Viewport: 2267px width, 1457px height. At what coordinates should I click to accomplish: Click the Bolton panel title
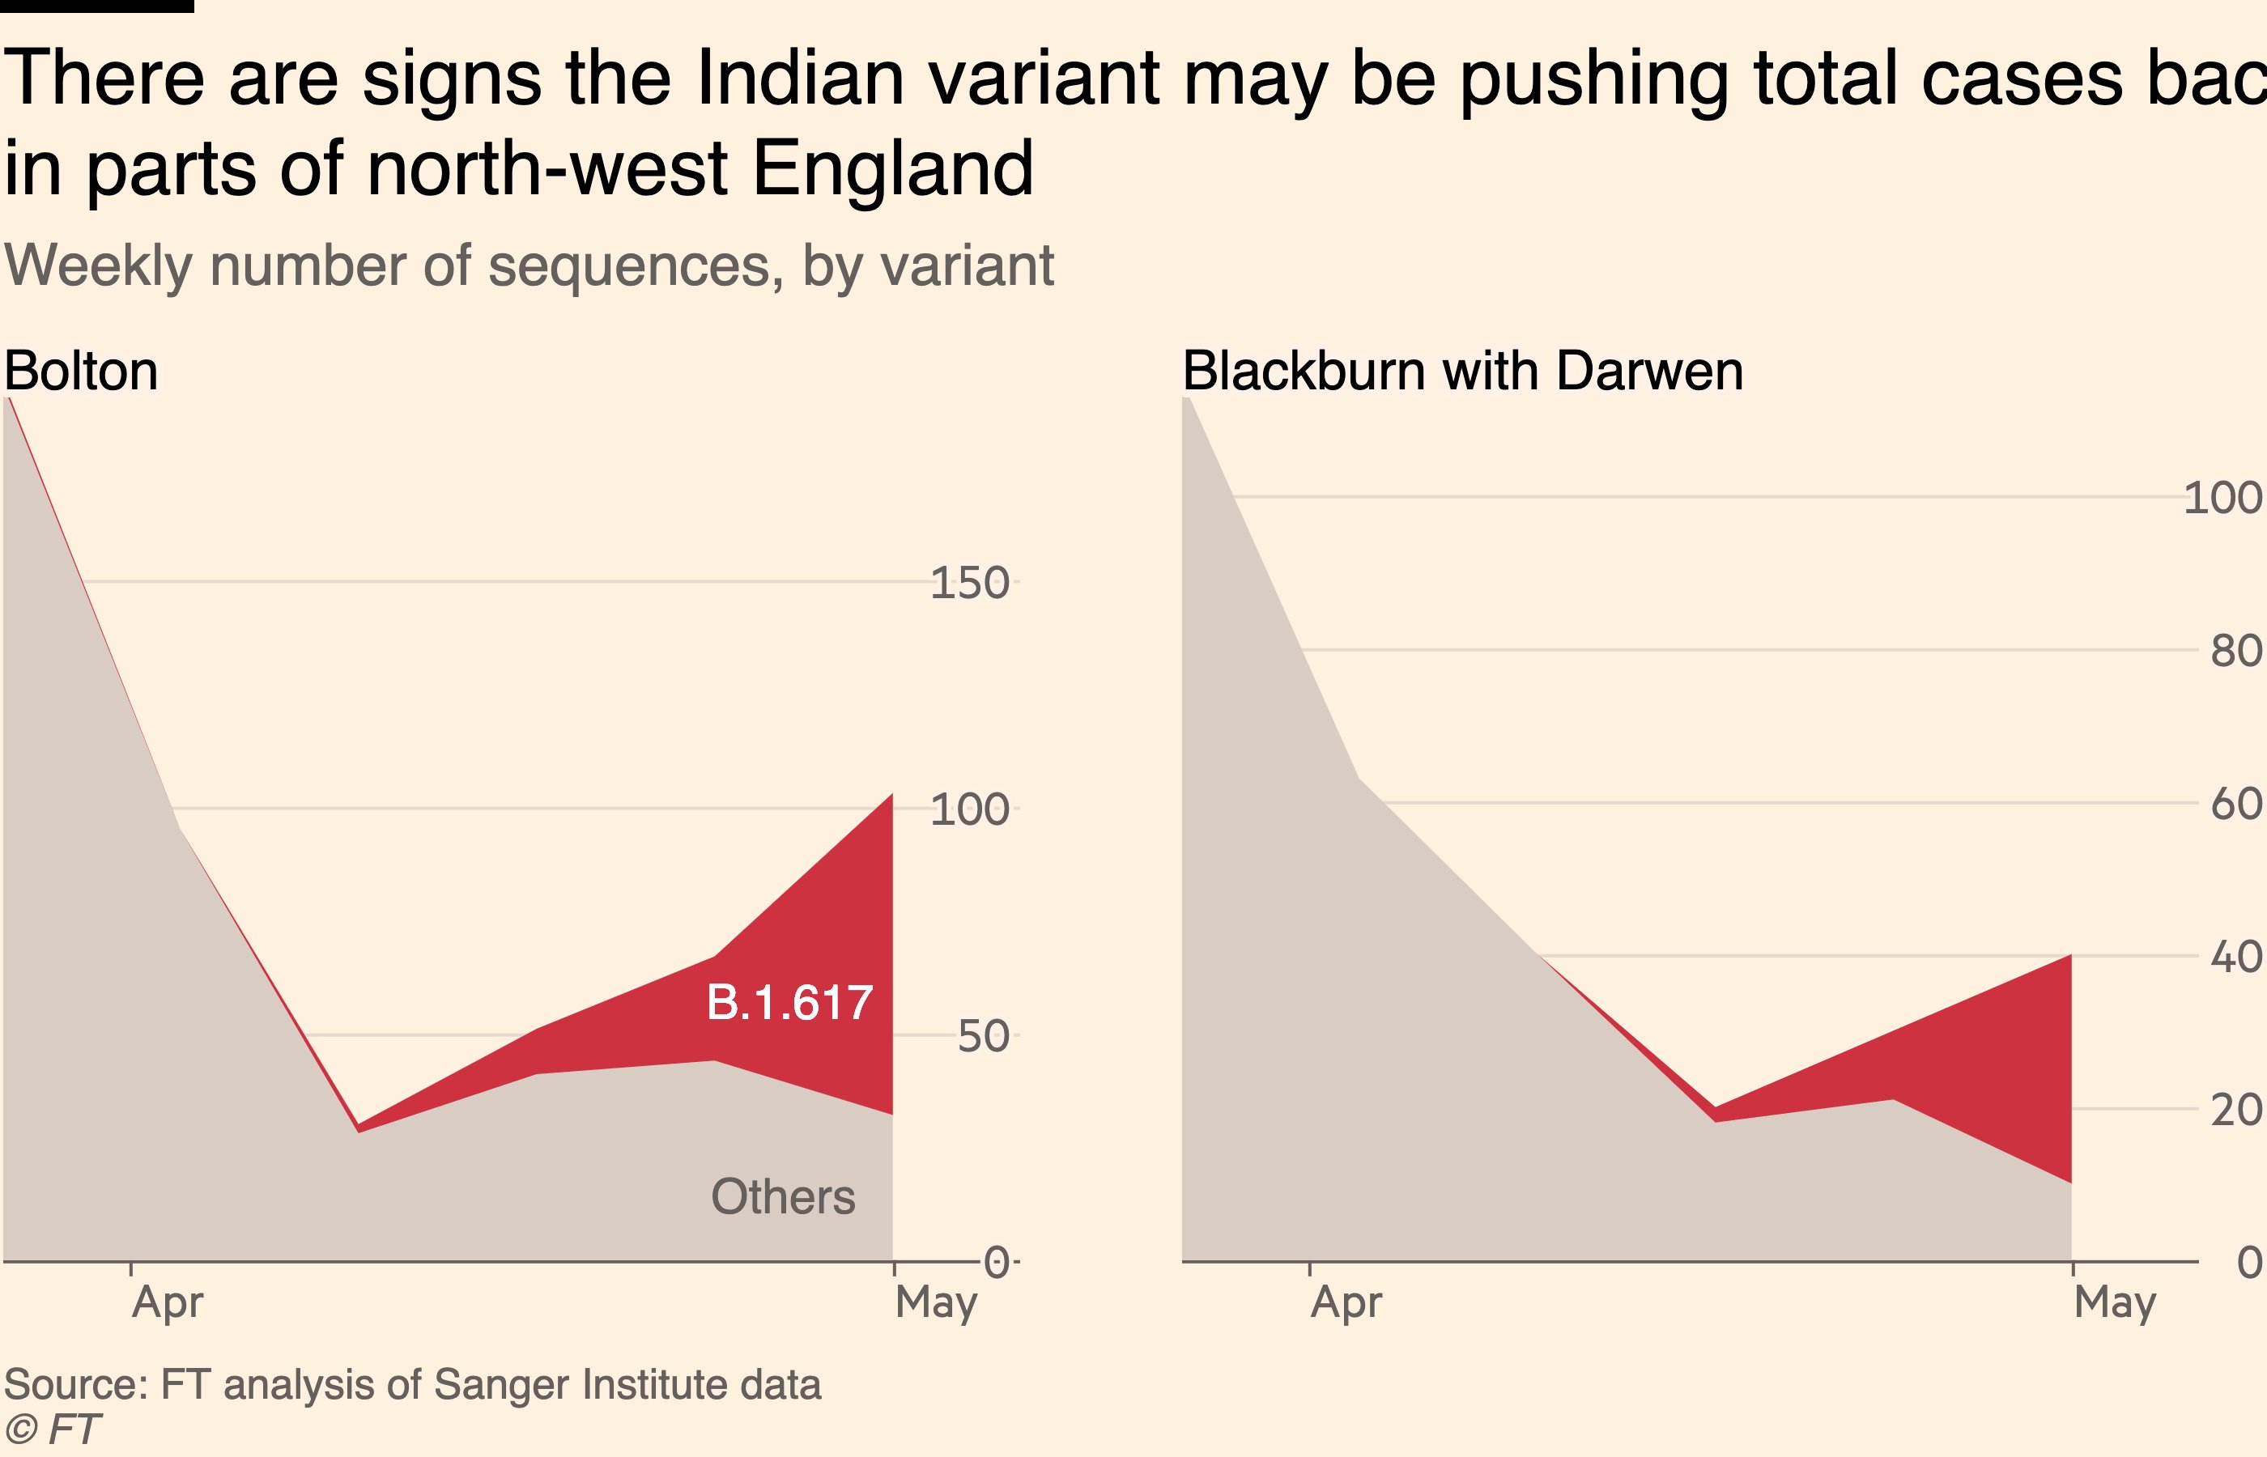point(82,371)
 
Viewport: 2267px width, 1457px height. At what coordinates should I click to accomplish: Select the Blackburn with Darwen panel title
point(1462,371)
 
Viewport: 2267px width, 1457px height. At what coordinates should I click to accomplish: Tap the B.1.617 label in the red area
point(789,1003)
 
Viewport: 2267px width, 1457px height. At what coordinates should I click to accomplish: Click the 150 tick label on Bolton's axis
point(969,583)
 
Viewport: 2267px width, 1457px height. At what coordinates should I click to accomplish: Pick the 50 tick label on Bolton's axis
point(982,1037)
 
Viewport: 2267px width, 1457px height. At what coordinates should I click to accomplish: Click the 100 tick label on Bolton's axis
point(969,810)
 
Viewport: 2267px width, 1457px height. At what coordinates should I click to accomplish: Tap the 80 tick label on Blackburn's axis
point(2235,651)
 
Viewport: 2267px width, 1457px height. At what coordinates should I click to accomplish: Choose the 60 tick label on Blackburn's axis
point(2235,805)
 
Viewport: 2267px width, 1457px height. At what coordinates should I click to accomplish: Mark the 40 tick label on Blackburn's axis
point(2235,958)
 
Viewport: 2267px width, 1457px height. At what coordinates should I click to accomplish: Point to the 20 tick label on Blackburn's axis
point(2235,1110)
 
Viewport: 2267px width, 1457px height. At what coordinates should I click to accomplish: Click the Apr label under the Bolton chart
point(168,1302)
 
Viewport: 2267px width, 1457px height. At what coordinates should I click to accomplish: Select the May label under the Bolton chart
point(936,1302)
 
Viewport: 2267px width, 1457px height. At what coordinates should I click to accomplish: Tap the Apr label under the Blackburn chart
point(1346,1302)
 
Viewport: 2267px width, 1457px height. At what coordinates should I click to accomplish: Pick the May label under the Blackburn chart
point(2115,1302)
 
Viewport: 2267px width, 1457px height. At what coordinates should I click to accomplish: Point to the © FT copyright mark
point(52,1429)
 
